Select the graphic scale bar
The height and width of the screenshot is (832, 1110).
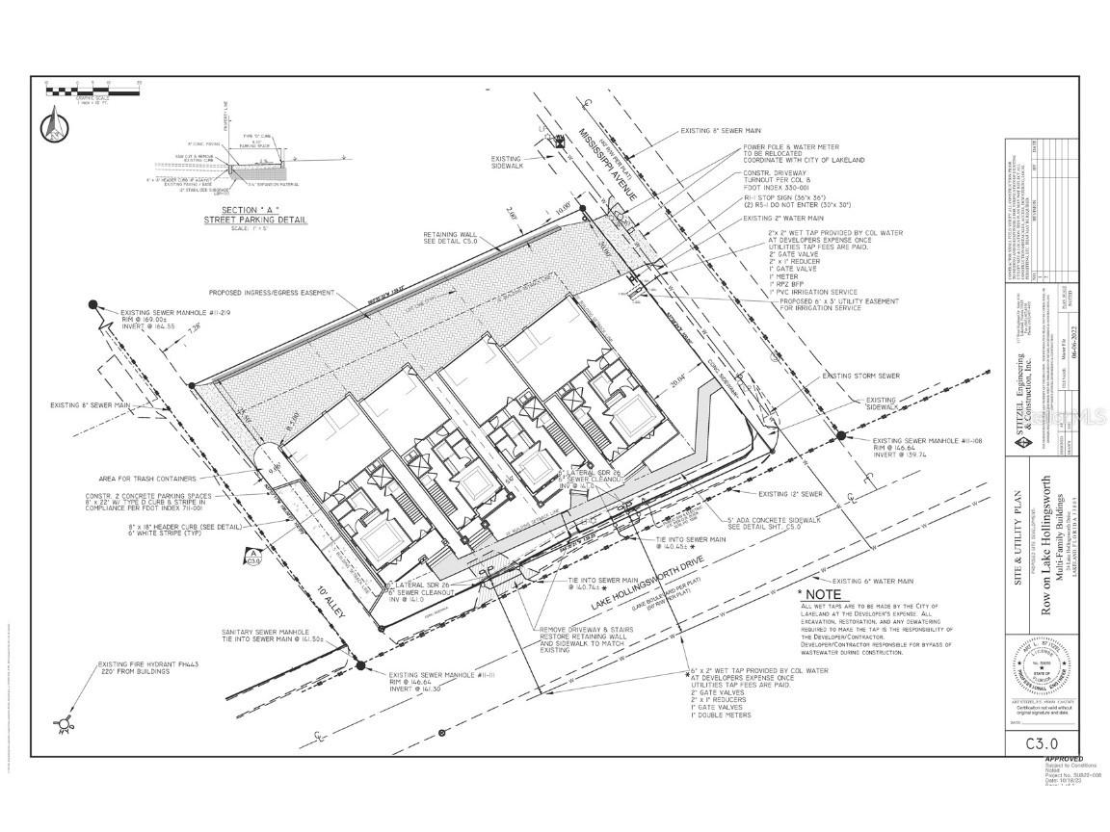(92, 91)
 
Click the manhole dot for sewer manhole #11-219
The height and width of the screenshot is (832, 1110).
(93, 305)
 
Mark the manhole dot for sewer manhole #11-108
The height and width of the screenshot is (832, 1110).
(840, 435)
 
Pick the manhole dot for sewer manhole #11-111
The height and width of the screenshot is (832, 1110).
(358, 664)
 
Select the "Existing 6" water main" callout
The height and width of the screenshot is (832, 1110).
(873, 582)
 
